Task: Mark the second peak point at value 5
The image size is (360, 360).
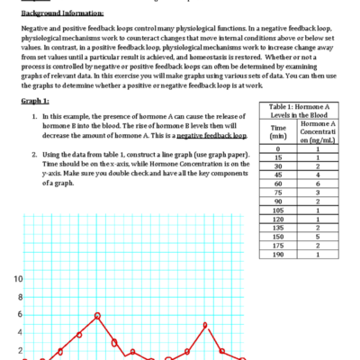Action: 206,325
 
